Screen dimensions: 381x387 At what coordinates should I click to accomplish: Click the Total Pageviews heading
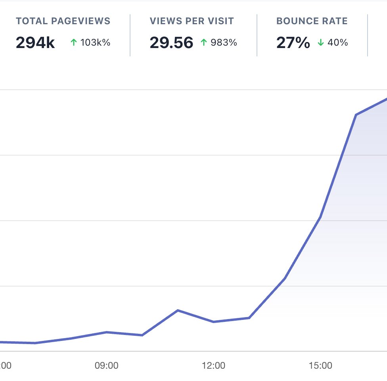point(63,21)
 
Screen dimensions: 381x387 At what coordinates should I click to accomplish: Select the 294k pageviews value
point(35,43)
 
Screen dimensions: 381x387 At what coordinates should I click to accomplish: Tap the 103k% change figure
point(95,42)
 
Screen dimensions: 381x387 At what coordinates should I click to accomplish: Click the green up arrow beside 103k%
point(73,42)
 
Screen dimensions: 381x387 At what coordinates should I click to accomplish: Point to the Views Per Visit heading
point(192,21)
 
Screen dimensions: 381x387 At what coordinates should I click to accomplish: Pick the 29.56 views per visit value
point(171,43)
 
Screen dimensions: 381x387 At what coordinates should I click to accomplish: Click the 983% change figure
point(224,42)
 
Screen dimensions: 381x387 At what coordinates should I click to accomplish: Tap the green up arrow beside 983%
point(204,42)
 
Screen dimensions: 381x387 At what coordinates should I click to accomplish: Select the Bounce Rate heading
point(312,21)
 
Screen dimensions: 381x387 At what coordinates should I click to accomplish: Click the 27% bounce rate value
point(293,43)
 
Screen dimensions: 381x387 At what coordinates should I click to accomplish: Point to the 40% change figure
point(338,42)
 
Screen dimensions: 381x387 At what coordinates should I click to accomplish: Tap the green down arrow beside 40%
point(321,42)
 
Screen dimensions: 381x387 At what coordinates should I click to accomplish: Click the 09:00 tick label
point(107,366)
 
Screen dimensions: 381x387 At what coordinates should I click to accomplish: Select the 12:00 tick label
point(214,366)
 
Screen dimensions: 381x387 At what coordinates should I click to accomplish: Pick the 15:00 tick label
point(320,366)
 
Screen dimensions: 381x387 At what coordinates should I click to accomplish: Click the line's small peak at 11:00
point(178,310)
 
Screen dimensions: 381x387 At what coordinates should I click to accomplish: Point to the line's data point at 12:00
point(214,322)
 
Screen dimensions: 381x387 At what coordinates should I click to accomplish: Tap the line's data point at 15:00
point(320,217)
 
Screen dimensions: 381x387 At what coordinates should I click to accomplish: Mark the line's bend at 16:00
point(356,115)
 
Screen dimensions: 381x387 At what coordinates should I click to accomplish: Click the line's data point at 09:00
point(107,332)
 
